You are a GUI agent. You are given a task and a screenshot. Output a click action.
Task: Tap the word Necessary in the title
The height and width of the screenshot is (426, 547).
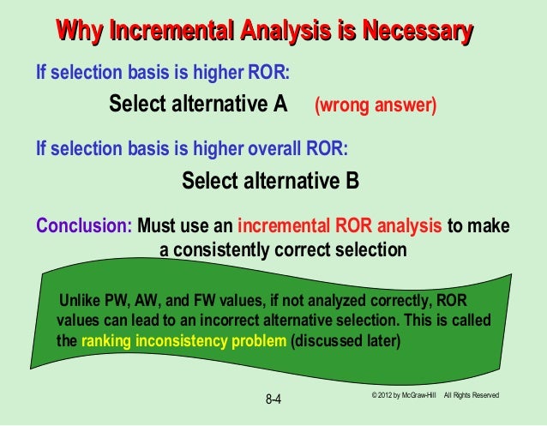[418, 33]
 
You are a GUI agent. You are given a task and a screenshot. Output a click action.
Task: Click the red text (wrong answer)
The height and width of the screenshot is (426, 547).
[376, 105]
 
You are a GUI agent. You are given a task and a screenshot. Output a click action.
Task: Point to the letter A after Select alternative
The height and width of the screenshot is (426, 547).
[280, 105]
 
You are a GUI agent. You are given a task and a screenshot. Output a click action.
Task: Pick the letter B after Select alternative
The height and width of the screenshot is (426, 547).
[352, 182]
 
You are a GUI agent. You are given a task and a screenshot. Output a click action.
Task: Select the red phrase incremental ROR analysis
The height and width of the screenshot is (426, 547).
[340, 227]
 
